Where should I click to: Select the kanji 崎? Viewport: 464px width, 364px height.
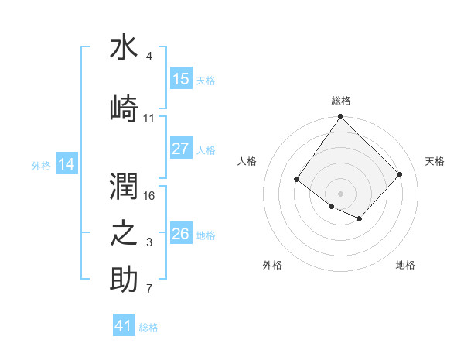pos(124,108)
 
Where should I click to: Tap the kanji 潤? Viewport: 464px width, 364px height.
pos(124,186)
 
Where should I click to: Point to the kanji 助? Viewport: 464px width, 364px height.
pos(124,280)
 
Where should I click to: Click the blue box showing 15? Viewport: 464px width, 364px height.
pos(181,79)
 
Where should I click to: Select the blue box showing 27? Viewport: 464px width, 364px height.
pos(181,149)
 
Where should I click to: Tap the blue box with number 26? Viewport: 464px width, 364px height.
pos(181,234)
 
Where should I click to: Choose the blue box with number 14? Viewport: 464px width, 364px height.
pos(67,164)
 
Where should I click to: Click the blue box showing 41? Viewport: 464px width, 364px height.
pos(124,326)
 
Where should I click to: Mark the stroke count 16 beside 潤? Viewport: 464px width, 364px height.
pos(150,195)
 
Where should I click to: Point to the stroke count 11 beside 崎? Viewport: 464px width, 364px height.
pos(149,118)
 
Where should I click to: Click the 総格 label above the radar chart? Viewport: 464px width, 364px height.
pos(341,101)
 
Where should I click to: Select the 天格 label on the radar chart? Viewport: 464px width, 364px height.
pos(435,161)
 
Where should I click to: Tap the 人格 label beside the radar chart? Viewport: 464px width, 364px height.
pos(247,161)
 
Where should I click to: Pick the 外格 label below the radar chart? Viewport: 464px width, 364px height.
pos(272,265)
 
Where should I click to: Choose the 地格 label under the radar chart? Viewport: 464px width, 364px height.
pos(405,265)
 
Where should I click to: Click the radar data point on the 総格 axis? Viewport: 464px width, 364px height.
pos(340,117)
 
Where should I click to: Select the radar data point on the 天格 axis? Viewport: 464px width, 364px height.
pos(399,174)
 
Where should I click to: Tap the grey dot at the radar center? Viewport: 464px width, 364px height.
pos(340,193)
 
